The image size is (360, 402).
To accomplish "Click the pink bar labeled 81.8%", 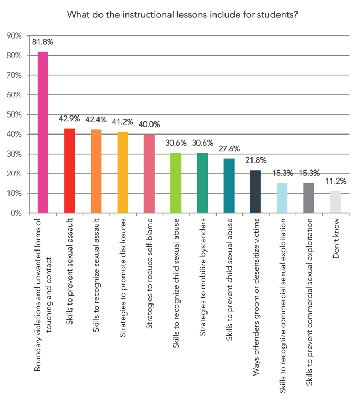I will pos(43,132).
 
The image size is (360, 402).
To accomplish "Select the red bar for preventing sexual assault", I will pos(69,171).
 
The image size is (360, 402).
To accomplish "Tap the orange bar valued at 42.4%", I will pos(96,171).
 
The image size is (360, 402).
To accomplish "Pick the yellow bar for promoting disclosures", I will pos(122,172).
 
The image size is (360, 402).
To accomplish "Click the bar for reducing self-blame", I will pos(149,173).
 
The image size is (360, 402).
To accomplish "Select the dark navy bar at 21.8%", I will pos(256,191).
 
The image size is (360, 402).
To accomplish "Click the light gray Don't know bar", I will pos(336,202).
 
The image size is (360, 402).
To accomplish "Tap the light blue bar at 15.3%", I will pos(282,198).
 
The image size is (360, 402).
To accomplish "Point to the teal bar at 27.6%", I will pos(229,186).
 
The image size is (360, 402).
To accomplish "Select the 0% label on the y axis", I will pos(16,213).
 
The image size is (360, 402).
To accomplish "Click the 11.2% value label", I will pos(336,181).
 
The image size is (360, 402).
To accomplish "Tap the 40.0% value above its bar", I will pos(149,124).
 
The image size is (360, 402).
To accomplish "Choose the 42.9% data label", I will pos(69,119).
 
